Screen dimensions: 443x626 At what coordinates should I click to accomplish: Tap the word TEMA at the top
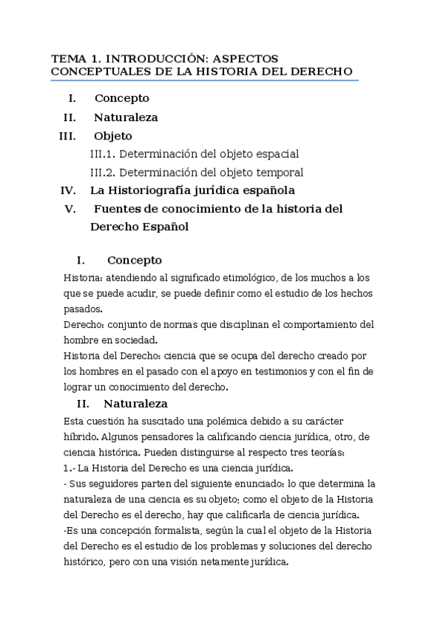(x=67, y=58)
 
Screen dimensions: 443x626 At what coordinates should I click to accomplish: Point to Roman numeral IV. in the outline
(x=68, y=190)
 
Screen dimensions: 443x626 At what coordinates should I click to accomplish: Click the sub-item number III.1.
(x=102, y=154)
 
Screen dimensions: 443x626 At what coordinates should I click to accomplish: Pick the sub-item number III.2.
(x=102, y=173)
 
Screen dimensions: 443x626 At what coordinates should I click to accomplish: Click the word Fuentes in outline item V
(x=118, y=209)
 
